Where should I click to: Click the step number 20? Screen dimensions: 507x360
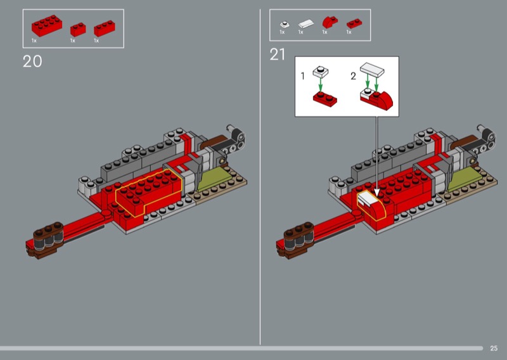coord(32,61)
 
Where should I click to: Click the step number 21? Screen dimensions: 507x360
coord(277,55)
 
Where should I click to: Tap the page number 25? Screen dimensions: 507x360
coord(494,349)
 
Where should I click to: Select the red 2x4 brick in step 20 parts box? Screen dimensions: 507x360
coord(47,25)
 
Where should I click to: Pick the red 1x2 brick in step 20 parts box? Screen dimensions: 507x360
coord(78,29)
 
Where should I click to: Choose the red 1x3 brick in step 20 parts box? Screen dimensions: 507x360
coord(105,29)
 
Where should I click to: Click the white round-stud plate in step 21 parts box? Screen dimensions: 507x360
coord(285,24)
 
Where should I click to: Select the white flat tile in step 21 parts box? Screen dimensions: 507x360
coord(306,23)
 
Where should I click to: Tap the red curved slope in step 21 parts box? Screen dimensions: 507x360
coord(330,22)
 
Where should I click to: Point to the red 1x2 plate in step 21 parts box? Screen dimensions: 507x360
coord(354,23)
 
